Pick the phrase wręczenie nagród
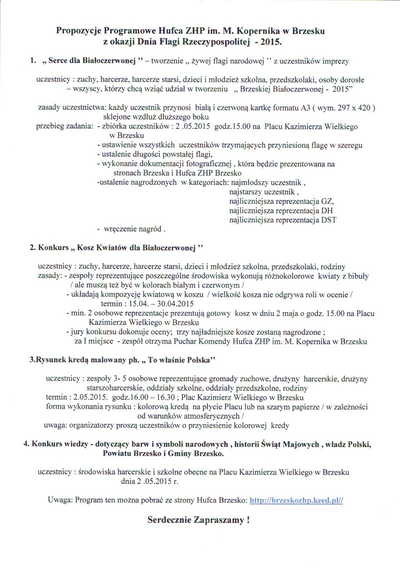(x=133, y=229)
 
